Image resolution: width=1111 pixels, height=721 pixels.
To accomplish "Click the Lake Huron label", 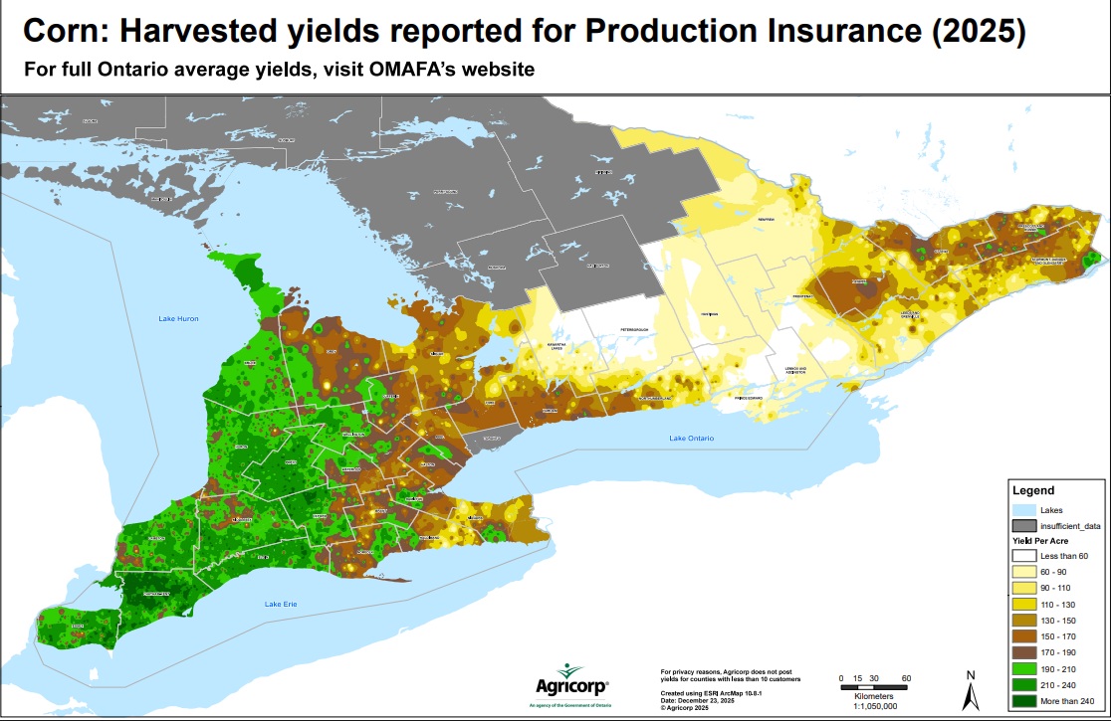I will tap(180, 319).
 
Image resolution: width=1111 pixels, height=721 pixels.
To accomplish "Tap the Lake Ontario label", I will tap(692, 439).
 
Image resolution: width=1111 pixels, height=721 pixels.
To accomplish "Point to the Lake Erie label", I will tap(281, 604).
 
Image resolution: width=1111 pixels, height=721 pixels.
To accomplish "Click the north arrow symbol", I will tap(971, 689).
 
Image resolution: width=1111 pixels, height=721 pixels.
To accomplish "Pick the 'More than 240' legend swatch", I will tap(1024, 702).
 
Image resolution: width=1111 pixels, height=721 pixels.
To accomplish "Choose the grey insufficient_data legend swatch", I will tap(1024, 525).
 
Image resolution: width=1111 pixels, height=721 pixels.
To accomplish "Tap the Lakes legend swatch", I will tap(1024, 510).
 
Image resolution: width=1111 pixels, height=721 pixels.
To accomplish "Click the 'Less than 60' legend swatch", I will tap(1024, 556).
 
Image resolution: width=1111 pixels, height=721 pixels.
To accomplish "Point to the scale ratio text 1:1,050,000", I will tap(873, 705).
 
